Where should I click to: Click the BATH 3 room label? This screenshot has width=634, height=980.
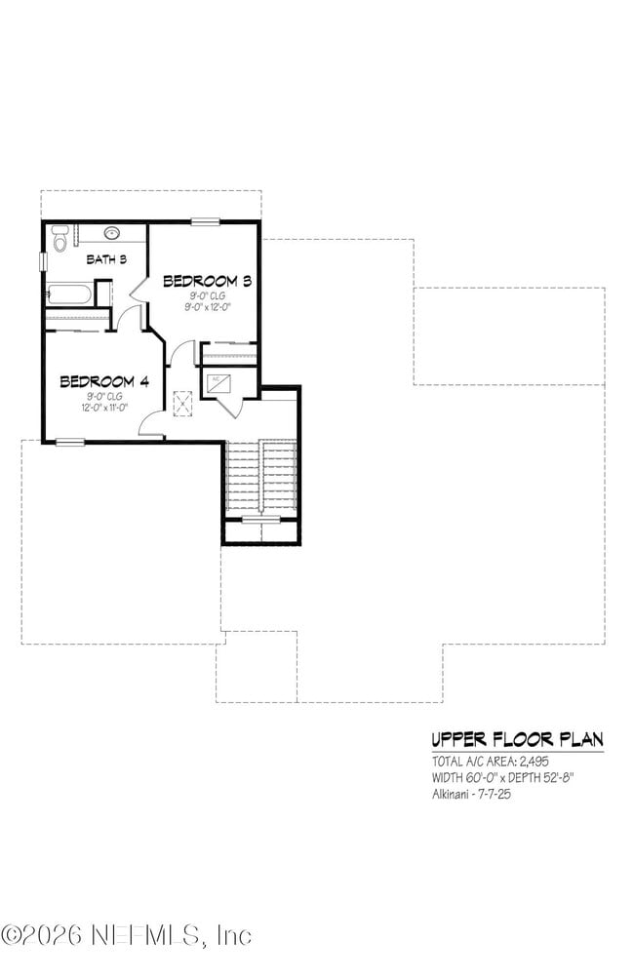(107, 259)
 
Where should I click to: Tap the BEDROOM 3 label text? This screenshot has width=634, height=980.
(208, 281)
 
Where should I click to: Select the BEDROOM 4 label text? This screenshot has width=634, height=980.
(103, 381)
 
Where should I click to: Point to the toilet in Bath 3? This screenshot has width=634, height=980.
(59, 238)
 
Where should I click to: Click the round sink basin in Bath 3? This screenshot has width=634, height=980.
(112, 233)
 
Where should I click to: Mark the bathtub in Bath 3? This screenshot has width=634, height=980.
(68, 294)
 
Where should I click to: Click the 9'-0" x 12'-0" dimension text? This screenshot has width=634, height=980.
(208, 306)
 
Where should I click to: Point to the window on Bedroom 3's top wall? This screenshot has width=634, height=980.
(205, 222)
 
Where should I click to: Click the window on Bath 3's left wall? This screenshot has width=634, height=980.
(43, 261)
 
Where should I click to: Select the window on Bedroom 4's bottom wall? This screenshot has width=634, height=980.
(69, 442)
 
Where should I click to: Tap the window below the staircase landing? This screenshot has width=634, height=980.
(260, 520)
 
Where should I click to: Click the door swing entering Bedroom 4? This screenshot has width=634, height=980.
(151, 423)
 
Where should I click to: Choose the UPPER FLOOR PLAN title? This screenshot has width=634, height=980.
(517, 738)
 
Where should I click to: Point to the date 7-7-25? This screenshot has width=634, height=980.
(495, 795)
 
